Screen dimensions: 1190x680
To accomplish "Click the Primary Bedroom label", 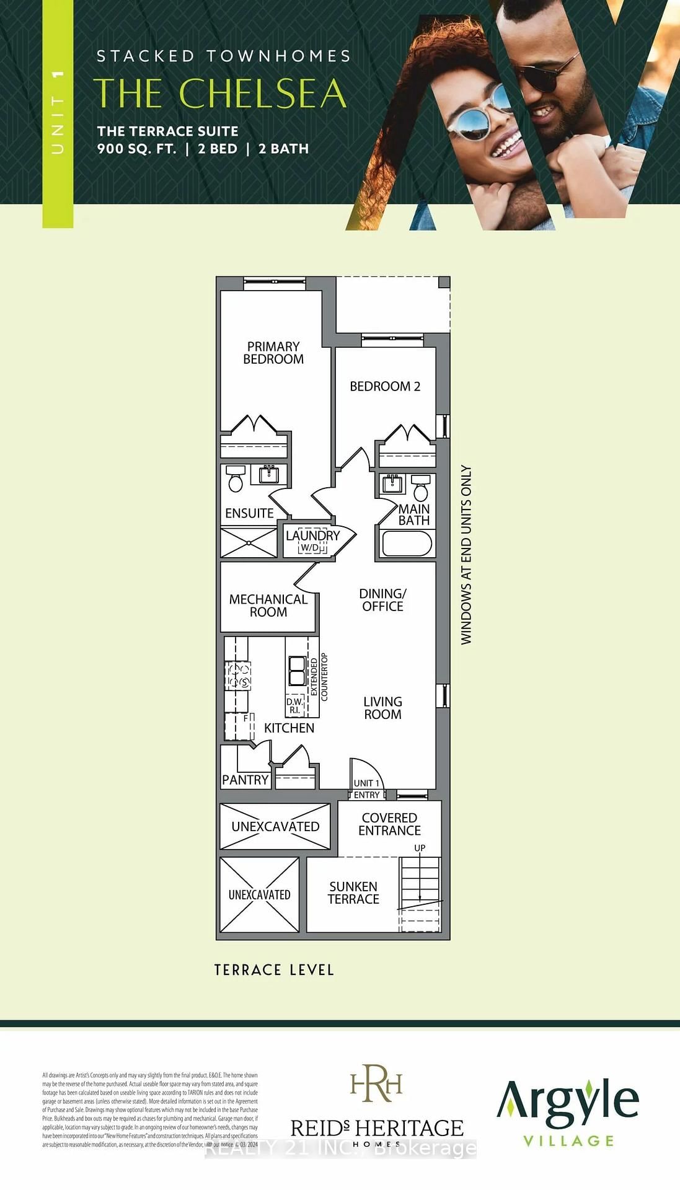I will click(273, 353).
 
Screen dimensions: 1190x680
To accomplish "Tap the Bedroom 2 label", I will click(385, 386).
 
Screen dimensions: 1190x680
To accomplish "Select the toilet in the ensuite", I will click(235, 478).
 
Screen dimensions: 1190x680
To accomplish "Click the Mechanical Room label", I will click(268, 606).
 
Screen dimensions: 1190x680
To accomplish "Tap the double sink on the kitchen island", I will click(297, 670).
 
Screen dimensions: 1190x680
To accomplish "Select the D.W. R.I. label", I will click(294, 706).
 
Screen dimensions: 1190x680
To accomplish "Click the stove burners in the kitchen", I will click(238, 676).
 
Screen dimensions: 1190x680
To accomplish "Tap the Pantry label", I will click(245, 780).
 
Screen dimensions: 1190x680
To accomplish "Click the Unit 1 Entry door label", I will click(366, 789).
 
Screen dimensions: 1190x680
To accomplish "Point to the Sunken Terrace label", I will click(353, 892).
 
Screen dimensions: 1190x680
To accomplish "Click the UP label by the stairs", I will click(420, 848).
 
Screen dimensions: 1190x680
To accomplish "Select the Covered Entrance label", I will click(389, 824).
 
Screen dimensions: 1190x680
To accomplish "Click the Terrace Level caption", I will click(274, 970).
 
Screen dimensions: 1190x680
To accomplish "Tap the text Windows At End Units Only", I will click(466, 555).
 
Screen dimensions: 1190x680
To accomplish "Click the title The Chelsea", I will click(220, 93).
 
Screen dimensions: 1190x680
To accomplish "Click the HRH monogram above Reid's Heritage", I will click(376, 1083).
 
